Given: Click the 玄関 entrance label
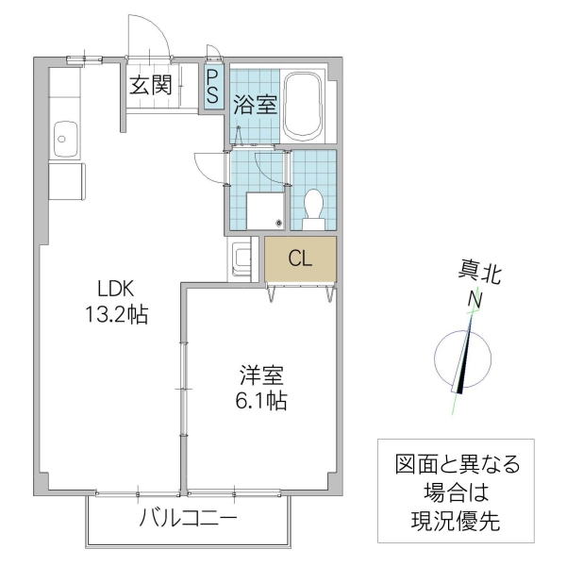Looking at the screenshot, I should pos(151,85).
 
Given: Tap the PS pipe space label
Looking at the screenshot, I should pos(213,86).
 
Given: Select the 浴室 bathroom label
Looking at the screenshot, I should pos(256,104).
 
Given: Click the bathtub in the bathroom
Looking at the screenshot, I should pos(304,105).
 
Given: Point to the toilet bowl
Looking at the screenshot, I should pos(313,204).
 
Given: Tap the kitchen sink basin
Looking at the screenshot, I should pos(63,139).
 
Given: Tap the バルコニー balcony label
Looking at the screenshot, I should pos(188,518).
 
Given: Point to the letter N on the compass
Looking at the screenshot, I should pos(477,301).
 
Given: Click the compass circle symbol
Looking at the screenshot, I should pos(462,359).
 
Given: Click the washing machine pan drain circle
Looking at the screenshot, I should pos(278,223).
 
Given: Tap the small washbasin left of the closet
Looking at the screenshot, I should pos(241,258).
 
